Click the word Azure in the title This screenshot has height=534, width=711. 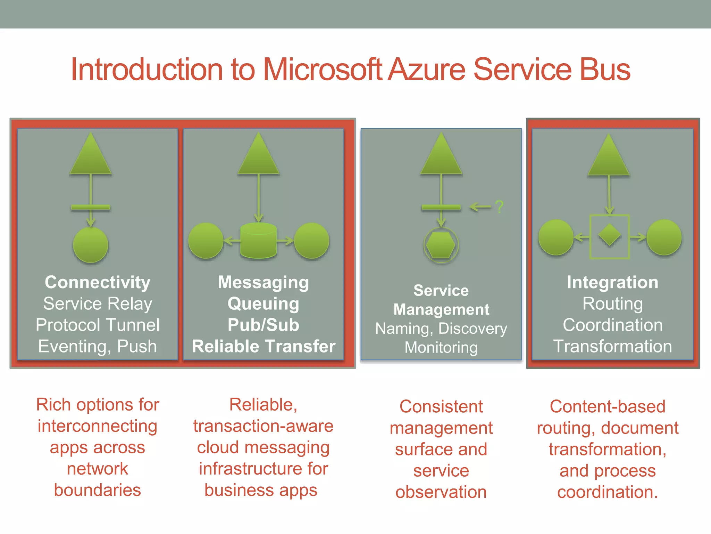426,70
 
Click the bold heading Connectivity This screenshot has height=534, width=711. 98,282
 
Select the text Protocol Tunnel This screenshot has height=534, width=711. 98,325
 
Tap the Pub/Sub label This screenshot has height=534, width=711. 263,325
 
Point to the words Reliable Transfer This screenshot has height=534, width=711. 263,346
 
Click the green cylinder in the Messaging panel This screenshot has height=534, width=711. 258,241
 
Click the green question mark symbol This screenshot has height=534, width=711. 499,207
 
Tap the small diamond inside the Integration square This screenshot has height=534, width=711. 609,236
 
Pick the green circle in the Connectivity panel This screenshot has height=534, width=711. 91,245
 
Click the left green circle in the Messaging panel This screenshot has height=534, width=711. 206,241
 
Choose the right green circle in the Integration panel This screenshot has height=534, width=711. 664,237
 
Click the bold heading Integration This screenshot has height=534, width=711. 612,282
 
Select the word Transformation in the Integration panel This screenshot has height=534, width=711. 612,346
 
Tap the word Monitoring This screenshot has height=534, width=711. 441,348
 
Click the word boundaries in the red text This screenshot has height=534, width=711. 98,490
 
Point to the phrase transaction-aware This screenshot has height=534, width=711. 263,426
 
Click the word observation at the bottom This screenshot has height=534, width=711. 441,492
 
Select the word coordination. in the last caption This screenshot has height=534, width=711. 608,492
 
